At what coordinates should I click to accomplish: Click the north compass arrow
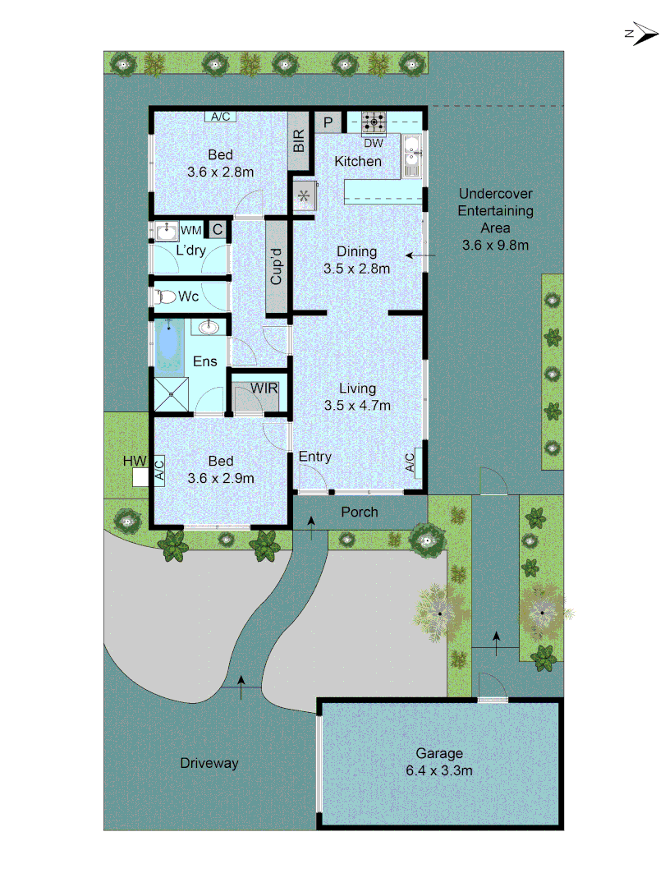(x=643, y=34)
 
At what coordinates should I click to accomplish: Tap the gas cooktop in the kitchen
(x=374, y=124)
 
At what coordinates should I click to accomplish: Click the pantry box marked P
(x=327, y=122)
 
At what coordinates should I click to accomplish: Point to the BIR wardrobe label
(x=299, y=141)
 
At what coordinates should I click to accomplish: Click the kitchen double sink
(x=411, y=155)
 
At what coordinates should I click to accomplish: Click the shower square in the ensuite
(x=171, y=395)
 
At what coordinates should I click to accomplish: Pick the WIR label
(x=264, y=388)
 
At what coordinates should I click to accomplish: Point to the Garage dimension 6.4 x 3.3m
(x=438, y=770)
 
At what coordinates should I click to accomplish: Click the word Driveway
(x=209, y=763)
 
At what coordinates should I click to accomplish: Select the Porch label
(x=360, y=512)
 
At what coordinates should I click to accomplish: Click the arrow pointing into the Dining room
(x=422, y=257)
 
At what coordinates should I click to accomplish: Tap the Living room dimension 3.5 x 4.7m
(x=357, y=405)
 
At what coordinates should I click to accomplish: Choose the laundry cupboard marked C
(x=218, y=230)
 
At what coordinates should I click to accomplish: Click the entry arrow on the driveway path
(x=241, y=687)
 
